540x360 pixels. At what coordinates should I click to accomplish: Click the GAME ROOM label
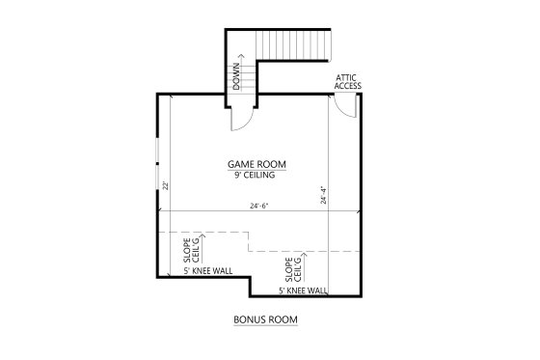tap(256, 164)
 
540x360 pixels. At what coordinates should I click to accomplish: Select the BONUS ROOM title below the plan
tap(265, 318)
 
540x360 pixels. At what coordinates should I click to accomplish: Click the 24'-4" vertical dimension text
tap(323, 196)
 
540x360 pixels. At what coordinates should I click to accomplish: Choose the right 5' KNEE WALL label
tap(303, 290)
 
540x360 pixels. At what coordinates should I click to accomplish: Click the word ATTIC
tap(347, 76)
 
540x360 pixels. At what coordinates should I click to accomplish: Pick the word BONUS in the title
tap(251, 318)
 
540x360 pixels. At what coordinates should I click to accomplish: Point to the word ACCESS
tap(347, 86)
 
